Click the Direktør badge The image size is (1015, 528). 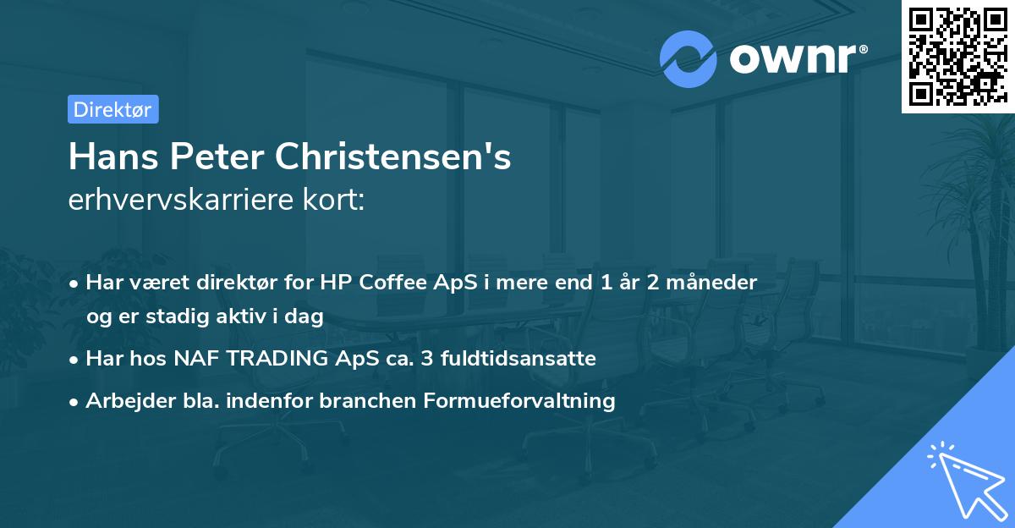pos(112,109)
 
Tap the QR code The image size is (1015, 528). pos(957,56)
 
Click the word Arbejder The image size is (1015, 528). pos(125,400)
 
